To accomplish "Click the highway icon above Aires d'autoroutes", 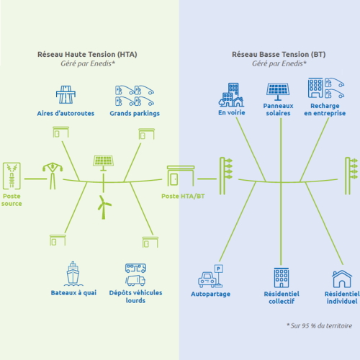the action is [66, 94].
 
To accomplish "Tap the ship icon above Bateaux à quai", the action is [73, 274].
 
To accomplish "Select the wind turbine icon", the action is [104, 207].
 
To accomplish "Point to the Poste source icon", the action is [12, 176].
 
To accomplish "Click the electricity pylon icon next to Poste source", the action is [53, 176].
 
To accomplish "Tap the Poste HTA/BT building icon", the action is [181, 176].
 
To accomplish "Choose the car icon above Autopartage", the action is [207, 280].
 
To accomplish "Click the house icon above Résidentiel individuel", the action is [342, 279].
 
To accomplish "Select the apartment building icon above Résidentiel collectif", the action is [282, 278].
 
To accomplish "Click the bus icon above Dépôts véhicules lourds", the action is [135, 268].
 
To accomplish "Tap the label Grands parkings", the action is [135, 113].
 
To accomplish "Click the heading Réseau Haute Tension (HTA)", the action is [87, 55].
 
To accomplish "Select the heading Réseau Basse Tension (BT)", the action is [279, 55].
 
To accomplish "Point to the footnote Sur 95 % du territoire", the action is [320, 325].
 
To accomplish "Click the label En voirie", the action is [232, 112].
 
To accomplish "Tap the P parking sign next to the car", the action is [218, 269].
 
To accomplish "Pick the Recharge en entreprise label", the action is [325, 109].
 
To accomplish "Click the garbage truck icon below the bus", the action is [135, 280].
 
